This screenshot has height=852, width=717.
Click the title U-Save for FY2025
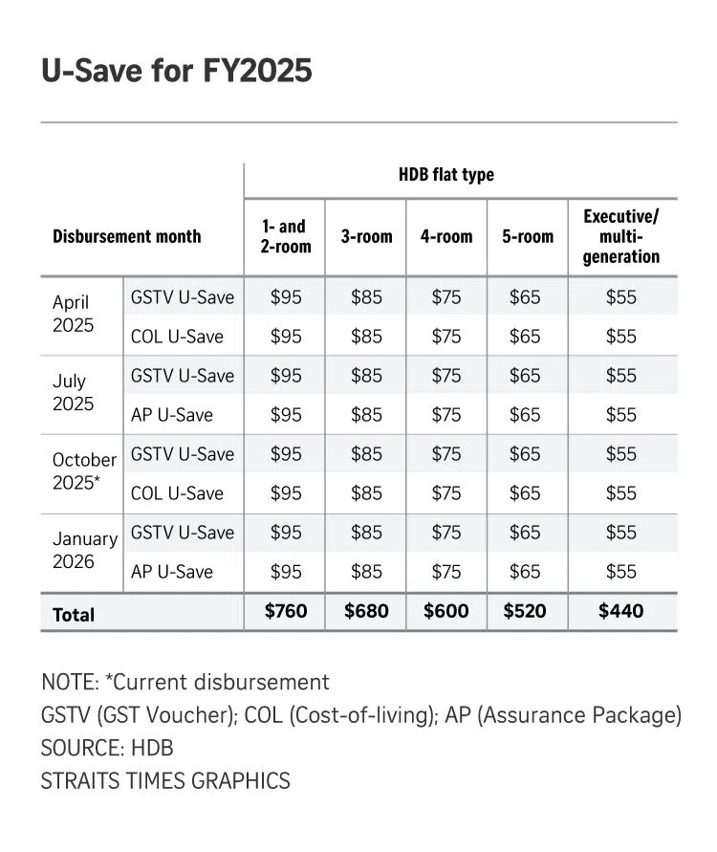coord(176,71)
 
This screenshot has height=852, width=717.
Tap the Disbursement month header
coord(126,235)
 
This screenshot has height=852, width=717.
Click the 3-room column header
coord(366,236)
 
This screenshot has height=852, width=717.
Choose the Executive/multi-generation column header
coord(621,236)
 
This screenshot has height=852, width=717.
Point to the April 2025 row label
coord(73,314)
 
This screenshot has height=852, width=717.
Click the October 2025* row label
coord(83,471)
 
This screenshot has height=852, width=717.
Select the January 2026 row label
coord(84,550)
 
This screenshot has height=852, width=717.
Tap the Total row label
coord(74,614)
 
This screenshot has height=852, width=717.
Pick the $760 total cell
coord(286,611)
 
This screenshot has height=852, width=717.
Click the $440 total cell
coord(621,611)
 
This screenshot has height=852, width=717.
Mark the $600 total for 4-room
coord(446,611)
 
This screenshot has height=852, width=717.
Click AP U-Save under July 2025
coord(172,414)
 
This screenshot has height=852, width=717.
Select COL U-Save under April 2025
coord(177,336)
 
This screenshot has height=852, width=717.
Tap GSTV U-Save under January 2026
coord(182,532)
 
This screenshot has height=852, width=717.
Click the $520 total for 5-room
coord(527,611)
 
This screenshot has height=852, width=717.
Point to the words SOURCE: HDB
coord(107,747)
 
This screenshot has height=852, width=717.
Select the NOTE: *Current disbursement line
coord(185,682)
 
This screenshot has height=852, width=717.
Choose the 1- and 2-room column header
coord(287,236)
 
